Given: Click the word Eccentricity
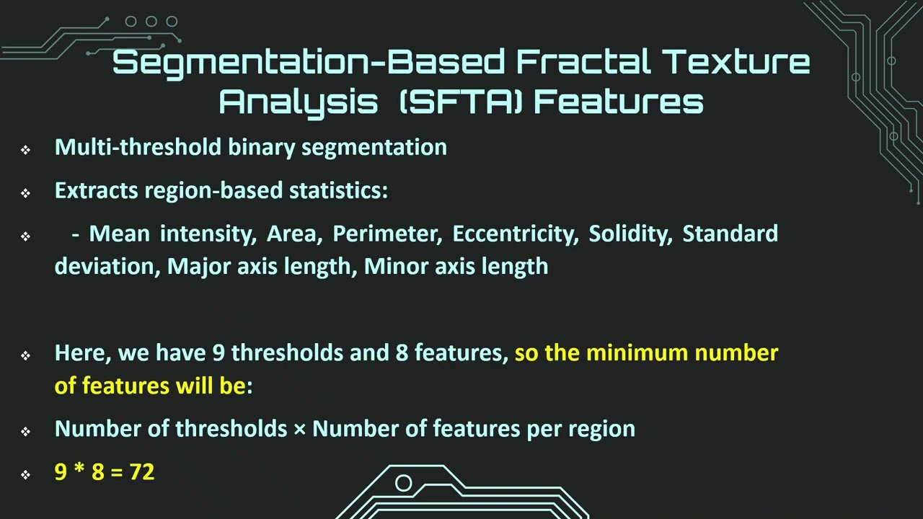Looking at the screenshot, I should tap(515, 234).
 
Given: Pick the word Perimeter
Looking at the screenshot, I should tap(387, 234).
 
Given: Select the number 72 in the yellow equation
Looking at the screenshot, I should tap(142, 472).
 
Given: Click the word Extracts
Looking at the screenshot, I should tap(97, 190).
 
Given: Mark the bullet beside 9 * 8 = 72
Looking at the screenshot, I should tap(26, 474).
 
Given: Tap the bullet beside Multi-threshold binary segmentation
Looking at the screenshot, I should tap(26, 149).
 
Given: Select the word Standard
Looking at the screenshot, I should tap(730, 234).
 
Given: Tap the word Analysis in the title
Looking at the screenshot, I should tap(298, 103).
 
